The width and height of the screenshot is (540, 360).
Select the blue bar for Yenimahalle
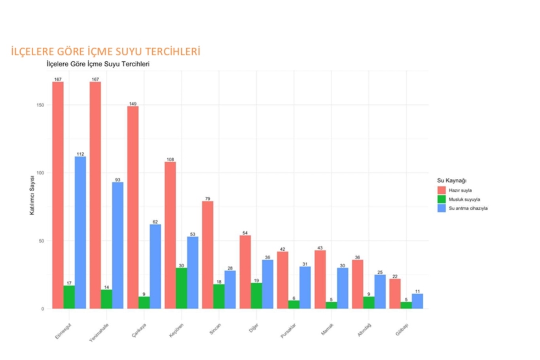(117, 245)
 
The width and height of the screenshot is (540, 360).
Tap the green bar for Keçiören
(182, 288)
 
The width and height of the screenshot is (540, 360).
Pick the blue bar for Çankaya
(155, 266)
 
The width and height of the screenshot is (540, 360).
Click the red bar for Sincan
(208, 255)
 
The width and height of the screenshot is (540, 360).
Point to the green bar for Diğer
(256, 296)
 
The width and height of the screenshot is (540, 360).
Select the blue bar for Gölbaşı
(417, 301)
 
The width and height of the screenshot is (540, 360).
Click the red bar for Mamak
(320, 279)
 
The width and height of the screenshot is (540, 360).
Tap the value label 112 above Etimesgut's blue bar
(80, 154)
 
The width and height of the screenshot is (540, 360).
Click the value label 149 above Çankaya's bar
(133, 104)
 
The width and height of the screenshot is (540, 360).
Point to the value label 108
(170, 159)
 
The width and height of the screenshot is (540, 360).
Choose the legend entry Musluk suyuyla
(464, 199)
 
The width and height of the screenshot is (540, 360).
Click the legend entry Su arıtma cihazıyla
(468, 208)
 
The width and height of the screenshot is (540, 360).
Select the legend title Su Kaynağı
(451, 180)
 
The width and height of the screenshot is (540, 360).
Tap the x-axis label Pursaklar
(288, 331)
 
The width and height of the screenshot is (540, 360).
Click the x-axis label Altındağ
(364, 330)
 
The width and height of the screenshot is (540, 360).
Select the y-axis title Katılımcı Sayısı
(32, 195)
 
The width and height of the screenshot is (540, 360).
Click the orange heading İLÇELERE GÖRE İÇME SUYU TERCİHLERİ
(106, 51)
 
